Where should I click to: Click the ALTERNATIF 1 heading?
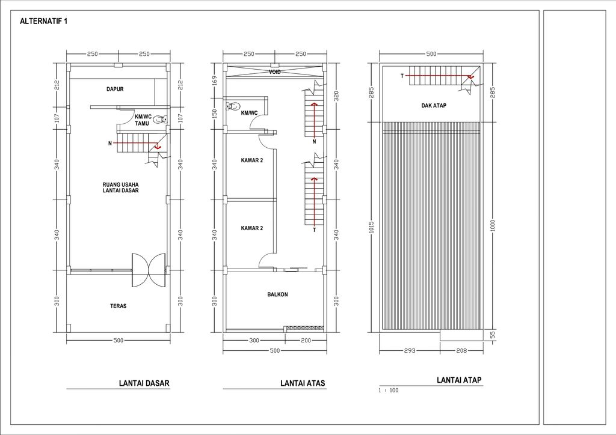[x=43, y=21]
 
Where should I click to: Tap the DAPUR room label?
[x=115, y=89]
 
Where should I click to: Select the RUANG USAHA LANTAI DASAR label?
[x=120, y=187]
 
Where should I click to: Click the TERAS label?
[x=119, y=306]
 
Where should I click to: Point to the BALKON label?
[x=277, y=294]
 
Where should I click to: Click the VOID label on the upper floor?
[x=274, y=72]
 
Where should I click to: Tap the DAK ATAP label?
[x=434, y=106]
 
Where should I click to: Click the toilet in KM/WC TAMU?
[x=161, y=120]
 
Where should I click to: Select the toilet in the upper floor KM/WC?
[x=233, y=106]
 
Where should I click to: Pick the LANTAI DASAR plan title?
[x=144, y=383]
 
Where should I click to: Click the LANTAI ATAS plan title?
[x=303, y=383]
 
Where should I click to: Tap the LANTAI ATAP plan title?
[x=459, y=380]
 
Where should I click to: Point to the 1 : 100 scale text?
[x=389, y=391]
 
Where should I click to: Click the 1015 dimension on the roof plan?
[x=372, y=227]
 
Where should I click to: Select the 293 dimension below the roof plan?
[x=409, y=350]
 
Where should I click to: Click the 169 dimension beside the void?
[x=215, y=81]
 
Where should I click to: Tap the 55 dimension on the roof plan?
[x=493, y=335]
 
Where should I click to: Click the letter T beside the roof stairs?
[x=402, y=76]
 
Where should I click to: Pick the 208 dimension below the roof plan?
[x=461, y=350]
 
